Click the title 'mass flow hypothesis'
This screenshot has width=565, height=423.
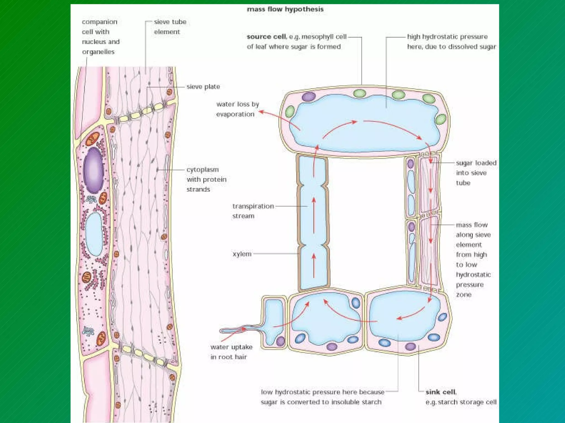click(285, 9)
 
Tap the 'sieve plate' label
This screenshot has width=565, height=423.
click(203, 87)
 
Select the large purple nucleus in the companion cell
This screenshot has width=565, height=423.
click(94, 170)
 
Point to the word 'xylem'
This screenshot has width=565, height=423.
click(242, 254)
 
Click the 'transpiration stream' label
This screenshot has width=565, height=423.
click(253, 211)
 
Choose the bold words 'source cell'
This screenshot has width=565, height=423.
click(266, 37)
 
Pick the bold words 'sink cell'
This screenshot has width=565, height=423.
click(441, 392)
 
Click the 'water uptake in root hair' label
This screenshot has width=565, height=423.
click(231, 352)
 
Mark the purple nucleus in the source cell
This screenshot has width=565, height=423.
click(309, 97)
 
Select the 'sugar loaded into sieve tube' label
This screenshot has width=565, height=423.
click(476, 173)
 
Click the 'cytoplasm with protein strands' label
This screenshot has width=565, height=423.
click(206, 179)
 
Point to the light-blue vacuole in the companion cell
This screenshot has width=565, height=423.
click(94, 234)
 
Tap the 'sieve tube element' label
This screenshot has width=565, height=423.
click(170, 27)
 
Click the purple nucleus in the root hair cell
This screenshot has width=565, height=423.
click(281, 341)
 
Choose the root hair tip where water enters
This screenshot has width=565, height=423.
click(222, 331)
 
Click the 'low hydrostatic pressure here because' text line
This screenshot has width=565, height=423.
click(323, 392)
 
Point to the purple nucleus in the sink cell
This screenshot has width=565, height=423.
click(410, 346)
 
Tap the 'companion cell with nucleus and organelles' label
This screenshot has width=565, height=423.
click(101, 37)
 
